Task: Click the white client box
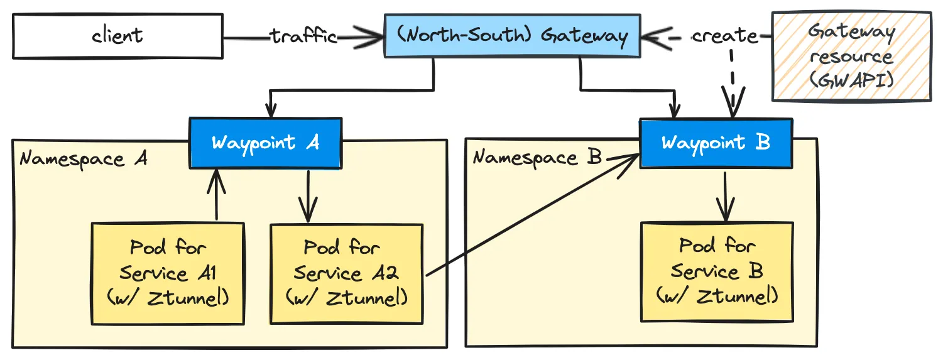(x=117, y=36)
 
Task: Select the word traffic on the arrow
(x=303, y=36)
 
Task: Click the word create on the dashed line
(x=724, y=36)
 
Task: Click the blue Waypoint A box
(x=266, y=143)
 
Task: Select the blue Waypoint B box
(x=716, y=143)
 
